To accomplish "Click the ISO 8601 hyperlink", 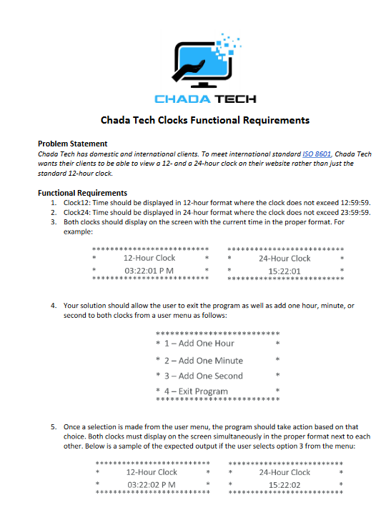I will pos(316,154).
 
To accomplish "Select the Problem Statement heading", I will pos(72,144).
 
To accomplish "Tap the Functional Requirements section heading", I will pos(82,193).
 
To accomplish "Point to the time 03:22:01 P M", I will pos(149,271).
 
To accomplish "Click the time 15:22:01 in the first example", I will pos(284,271).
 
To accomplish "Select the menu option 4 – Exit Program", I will pos(196,391).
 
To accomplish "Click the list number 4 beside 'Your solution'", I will pos(54,306).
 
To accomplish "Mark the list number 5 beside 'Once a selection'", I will pos(54,426).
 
